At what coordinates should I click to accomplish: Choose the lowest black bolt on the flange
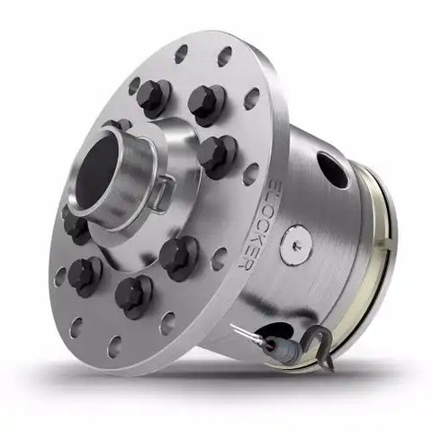click(x=133, y=292)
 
